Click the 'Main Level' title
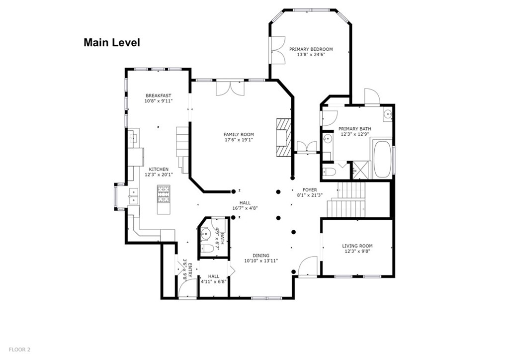pos(111,43)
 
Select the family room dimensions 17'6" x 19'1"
pos(239,140)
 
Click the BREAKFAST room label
pos(158,95)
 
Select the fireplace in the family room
pos(283,137)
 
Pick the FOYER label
pos(310,190)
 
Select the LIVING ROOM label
pos(357,246)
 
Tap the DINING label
pos(260,254)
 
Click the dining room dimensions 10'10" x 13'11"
pos(260,261)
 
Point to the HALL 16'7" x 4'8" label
pos(245,205)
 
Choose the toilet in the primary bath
pos(329,171)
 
